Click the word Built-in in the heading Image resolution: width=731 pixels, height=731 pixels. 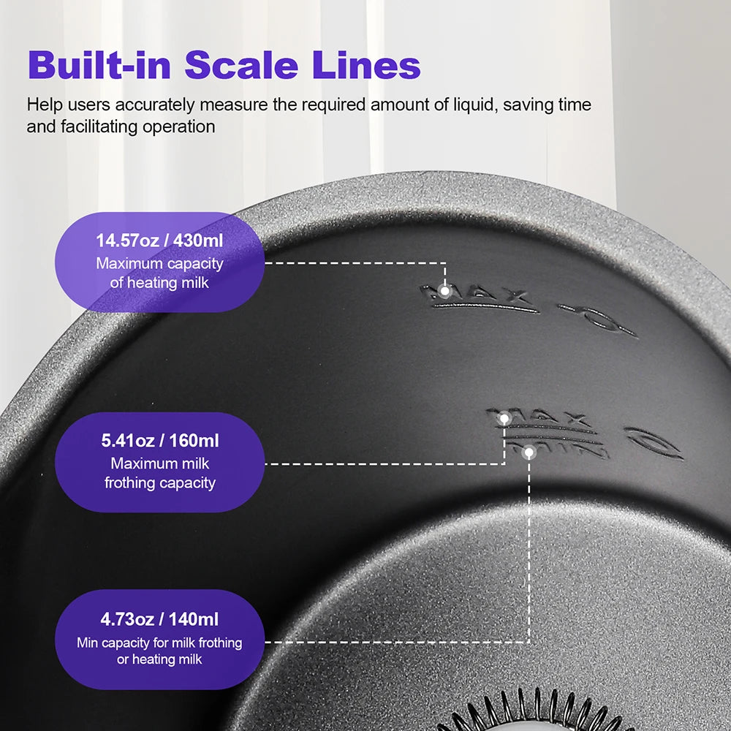tap(99, 64)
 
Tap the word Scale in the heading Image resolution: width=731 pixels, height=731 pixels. tap(241, 64)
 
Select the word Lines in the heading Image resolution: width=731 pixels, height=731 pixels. tap(366, 64)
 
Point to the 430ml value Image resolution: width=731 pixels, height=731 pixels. tap(197, 240)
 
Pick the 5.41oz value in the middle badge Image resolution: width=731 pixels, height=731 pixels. tap(128, 441)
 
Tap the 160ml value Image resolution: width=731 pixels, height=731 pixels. tap(194, 441)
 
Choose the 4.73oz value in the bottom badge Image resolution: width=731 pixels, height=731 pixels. tap(127, 619)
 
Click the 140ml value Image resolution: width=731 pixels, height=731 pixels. tap(193, 619)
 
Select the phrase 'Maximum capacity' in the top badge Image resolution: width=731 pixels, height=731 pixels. tap(160, 264)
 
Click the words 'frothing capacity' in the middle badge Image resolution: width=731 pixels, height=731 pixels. tap(160, 482)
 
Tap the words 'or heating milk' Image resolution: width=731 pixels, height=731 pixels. tap(159, 659)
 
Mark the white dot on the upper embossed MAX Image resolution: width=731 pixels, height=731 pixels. tap(444, 292)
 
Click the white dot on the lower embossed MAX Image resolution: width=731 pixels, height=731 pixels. tap(504, 418)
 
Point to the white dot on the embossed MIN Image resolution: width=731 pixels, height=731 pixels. tap(529, 452)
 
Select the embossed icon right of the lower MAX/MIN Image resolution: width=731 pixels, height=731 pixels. tap(654, 443)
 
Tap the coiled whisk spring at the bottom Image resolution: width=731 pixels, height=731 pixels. tap(531, 712)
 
